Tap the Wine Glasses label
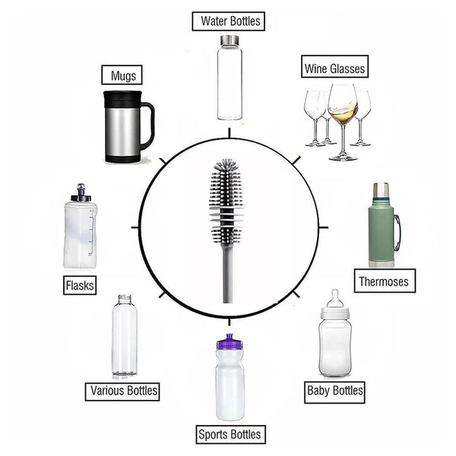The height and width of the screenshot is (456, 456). (x=334, y=68)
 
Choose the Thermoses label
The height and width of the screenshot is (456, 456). (x=384, y=281)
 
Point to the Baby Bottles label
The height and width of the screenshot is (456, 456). (x=334, y=391)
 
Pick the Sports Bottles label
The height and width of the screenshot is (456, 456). (x=230, y=435)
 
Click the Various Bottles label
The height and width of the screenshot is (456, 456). (x=124, y=391)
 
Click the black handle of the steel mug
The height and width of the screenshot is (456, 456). (x=147, y=125)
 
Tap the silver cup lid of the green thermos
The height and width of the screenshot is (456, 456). (x=381, y=190)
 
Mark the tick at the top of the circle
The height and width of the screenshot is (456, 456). (x=229, y=133)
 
